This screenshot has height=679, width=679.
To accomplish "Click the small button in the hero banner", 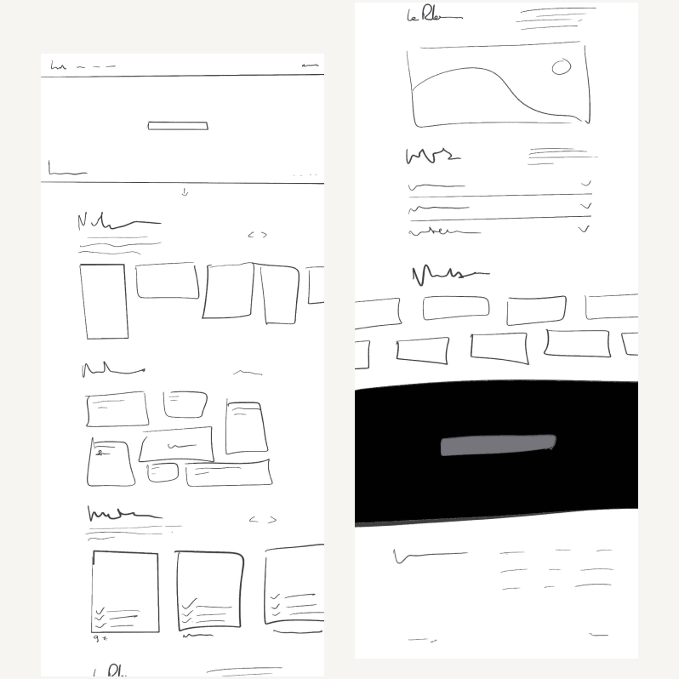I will pos(178,126).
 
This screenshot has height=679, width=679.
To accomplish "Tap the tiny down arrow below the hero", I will pos(185,192).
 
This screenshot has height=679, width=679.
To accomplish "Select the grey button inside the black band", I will pos(498,445).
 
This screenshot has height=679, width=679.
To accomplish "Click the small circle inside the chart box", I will pos(561,67).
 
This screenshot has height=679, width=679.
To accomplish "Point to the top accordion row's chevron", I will pos(585,183).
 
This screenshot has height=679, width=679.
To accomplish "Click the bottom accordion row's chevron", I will pos(584,229).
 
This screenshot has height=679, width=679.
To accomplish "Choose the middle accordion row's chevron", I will pos(585,206).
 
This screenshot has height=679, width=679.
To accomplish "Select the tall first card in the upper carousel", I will pos(104,301).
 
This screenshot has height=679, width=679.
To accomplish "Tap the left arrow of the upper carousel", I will pos(251,235).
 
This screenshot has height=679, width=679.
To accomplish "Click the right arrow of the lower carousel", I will pos(272,520).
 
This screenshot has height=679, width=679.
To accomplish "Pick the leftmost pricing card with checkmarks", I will pos(125,591).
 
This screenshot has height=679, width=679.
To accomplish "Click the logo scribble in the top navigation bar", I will pos(58,66).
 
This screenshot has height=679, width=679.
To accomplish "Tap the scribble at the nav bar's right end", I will pos(310,65).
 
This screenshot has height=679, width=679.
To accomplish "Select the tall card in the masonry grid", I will pos(246,427).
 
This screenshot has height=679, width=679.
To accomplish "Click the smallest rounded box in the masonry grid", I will pos(163,472).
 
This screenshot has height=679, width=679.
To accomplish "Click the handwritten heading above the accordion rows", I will pos(432,156).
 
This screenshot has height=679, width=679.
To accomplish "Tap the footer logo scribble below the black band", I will pos(428,556).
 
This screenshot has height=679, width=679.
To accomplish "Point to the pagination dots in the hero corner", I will pos(305,175).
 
